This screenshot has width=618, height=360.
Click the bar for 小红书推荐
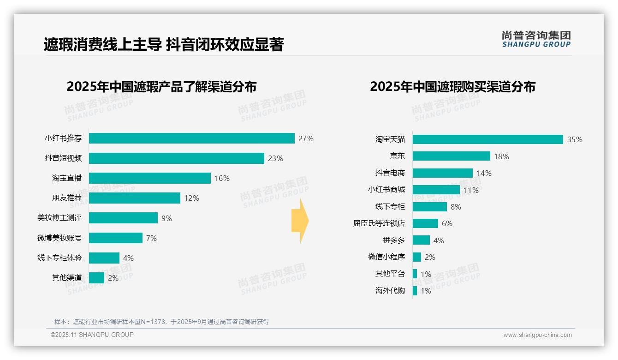point(191,138)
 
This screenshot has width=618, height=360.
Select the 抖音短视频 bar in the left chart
point(176,158)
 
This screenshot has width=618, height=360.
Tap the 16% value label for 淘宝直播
point(222,178)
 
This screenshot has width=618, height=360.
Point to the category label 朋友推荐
point(66,198)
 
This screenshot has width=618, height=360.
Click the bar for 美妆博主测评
point(123,218)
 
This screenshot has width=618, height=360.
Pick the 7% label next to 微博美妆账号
point(151,238)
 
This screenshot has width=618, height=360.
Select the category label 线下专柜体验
point(59,258)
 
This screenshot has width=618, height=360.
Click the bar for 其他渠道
point(96,278)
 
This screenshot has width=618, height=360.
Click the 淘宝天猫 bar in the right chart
point(487,139)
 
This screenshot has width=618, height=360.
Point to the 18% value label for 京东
point(501,156)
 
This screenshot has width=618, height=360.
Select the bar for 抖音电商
point(442,173)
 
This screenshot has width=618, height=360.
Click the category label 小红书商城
point(386,190)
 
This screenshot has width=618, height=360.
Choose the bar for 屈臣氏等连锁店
point(425,223)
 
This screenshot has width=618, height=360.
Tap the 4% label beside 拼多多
point(439,240)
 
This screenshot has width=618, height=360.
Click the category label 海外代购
point(390,291)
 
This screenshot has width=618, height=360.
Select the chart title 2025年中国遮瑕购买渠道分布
point(452,87)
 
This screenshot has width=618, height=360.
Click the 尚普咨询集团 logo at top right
point(536,39)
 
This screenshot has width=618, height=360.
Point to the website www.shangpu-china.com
point(537,335)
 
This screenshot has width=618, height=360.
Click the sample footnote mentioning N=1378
point(161,322)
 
